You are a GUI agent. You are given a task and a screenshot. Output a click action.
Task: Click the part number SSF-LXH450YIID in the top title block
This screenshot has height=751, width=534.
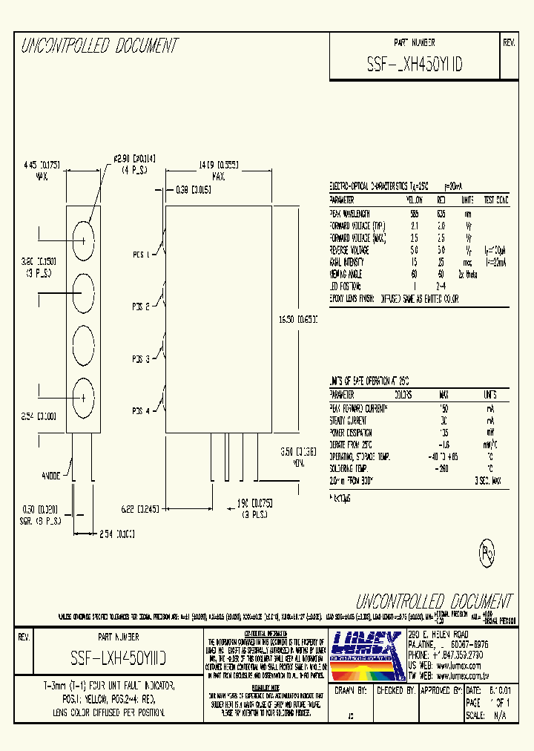tap(415, 65)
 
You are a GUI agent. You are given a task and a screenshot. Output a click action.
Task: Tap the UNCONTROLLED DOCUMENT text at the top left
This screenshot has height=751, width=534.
tap(99, 46)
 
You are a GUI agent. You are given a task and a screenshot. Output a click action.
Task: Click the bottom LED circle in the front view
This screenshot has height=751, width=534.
tap(83, 398)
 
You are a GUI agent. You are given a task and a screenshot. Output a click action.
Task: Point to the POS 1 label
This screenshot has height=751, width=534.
tap(141, 255)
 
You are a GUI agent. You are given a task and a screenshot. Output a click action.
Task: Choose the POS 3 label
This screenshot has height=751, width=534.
tap(141, 359)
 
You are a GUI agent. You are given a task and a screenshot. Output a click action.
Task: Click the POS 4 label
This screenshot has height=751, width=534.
tap(141, 411)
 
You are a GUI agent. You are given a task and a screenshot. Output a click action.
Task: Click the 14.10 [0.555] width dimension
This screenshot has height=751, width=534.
tap(218, 164)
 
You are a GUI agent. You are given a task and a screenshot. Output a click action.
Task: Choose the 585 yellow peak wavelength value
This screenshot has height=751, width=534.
tap(415, 213)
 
